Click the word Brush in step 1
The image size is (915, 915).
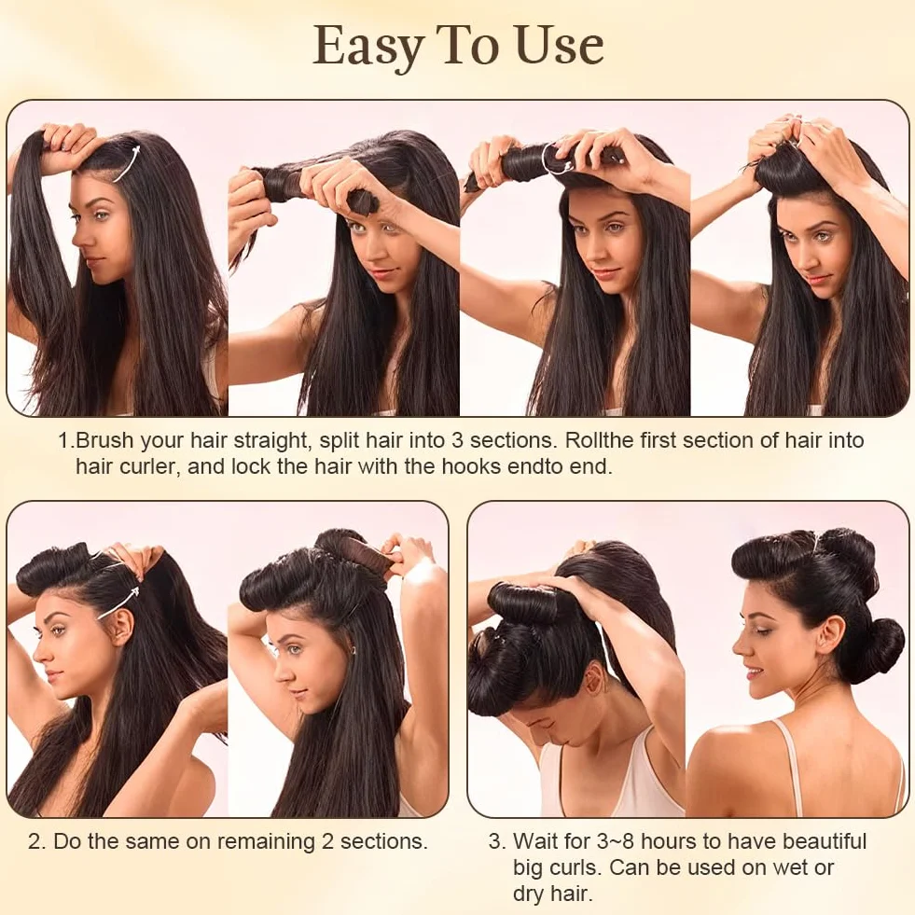pyautogui.click(x=104, y=439)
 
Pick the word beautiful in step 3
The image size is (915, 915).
pyautogui.click(x=824, y=841)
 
